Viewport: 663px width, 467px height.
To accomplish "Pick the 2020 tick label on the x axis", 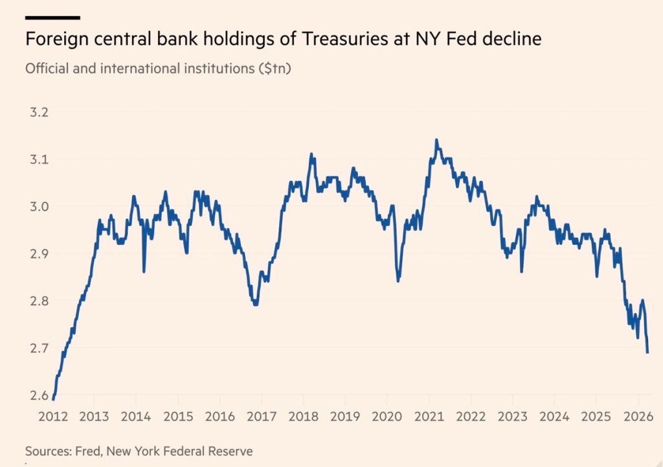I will pyautogui.click(x=387, y=417).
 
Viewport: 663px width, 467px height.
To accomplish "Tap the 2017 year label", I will pyautogui.click(x=262, y=417).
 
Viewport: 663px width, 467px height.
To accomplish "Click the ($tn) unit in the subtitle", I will pyautogui.click(x=274, y=68).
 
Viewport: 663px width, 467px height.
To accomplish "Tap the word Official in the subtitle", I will pyautogui.click(x=46, y=68).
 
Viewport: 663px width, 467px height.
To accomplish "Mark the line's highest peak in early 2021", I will pyautogui.click(x=436, y=140).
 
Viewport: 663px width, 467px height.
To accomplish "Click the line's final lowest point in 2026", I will pyautogui.click(x=647, y=352).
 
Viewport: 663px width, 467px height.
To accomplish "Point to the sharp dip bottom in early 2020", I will pyautogui.click(x=398, y=280).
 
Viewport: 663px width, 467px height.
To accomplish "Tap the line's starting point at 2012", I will pyautogui.click(x=53, y=399).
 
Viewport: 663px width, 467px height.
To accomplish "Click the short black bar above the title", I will pyautogui.click(x=52, y=17).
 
